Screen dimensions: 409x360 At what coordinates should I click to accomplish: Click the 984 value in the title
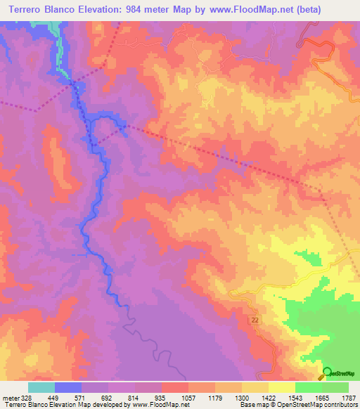click(149, 10)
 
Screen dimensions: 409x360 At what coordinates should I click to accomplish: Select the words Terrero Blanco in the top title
click(41, 10)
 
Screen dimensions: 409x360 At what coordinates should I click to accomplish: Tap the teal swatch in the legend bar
click(41, 387)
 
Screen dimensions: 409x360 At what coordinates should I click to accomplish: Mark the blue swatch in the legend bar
click(68, 387)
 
